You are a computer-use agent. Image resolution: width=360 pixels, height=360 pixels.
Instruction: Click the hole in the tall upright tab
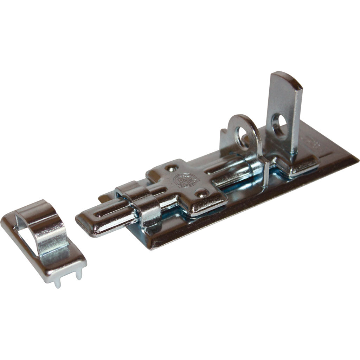[279, 124]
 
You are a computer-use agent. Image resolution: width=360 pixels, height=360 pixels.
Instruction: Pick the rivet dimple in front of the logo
[201, 192]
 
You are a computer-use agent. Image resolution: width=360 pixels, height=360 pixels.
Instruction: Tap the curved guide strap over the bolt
[142, 204]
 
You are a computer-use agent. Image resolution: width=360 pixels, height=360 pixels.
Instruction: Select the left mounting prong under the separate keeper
[58, 283]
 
